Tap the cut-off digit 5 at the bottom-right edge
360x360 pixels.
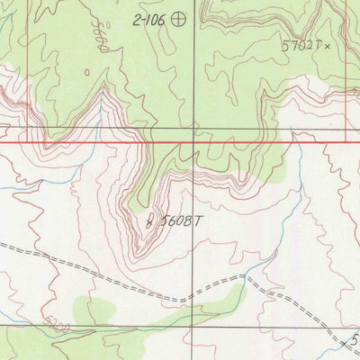pyautogui.click(x=355, y=340)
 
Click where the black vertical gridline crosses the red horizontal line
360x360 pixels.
pyautogui.click(x=193, y=142)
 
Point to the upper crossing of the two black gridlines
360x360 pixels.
pyautogui.click(x=193, y=129)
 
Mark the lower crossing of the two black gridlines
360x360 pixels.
pyautogui.click(x=193, y=327)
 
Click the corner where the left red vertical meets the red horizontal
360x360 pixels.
pyautogui.click(x=28, y=142)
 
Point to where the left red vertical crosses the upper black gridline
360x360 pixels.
pyautogui.click(x=28, y=129)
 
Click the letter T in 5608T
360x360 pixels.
pyautogui.click(x=194, y=219)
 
